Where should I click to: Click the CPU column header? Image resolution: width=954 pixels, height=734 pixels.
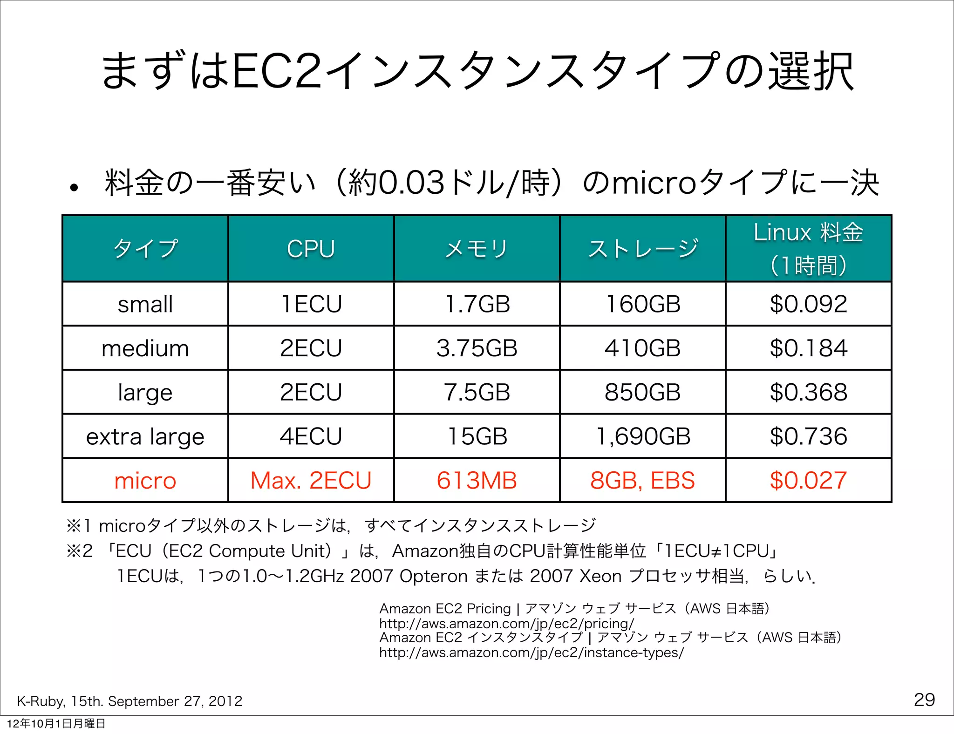pos(311,249)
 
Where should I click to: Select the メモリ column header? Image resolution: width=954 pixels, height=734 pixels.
pos(477,249)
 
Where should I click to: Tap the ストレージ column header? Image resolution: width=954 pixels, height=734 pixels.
pos(643,249)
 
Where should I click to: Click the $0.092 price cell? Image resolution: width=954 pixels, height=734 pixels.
pos(808,304)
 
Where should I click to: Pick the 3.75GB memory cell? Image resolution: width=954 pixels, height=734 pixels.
pos(477,348)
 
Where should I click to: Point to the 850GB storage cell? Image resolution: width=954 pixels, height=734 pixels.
pos(642,392)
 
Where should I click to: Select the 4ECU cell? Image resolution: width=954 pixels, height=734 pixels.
pos(311,436)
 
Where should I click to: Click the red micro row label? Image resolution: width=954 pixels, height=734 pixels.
pos(145,481)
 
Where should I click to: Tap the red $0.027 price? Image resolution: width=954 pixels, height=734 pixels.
pos(808,481)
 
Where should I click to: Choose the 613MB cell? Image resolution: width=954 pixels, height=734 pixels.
pos(477,481)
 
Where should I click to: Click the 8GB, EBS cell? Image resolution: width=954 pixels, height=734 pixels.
pos(642,481)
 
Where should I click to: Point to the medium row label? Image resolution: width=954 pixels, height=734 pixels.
pos(145,348)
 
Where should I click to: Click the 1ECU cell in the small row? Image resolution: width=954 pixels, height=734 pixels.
pos(311,304)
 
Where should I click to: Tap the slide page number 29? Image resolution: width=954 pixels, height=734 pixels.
pos(924,700)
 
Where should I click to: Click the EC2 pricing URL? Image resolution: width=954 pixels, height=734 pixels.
pos(506,624)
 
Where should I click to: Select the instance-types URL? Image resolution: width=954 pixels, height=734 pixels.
pos(531,652)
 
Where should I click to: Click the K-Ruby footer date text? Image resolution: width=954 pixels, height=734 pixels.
pos(129,701)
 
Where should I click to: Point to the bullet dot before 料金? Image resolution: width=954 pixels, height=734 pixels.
pos(74,188)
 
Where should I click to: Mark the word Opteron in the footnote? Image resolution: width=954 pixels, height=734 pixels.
pos(433,577)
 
